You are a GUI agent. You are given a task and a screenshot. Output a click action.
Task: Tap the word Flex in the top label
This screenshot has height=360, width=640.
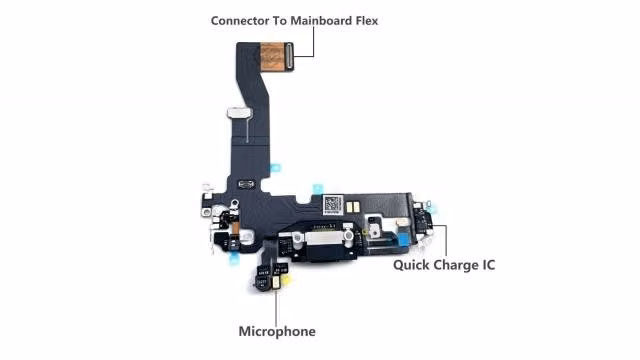tap(367, 21)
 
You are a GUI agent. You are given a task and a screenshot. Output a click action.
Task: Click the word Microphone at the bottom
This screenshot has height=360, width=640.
tap(277, 331)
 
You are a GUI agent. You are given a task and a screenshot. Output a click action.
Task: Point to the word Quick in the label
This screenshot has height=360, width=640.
tap(411, 265)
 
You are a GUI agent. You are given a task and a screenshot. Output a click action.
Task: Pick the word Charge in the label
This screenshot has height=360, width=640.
tap(456, 265)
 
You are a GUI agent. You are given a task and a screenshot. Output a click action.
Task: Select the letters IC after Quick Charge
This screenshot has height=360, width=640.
tap(489, 265)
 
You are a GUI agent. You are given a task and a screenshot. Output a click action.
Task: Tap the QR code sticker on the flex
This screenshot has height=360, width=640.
tap(333, 205)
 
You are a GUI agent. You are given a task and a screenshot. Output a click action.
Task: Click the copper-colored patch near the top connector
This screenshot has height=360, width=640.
tap(272, 56)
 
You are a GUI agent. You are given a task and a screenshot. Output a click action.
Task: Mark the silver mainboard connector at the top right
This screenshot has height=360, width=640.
tap(289, 55)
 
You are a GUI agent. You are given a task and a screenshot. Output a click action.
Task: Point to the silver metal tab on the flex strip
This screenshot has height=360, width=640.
tap(240, 113)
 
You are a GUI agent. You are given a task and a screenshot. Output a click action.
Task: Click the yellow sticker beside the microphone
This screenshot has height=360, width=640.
tap(287, 280)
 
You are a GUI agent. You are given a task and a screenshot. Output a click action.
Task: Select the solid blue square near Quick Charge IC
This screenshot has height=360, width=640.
tap(403, 240)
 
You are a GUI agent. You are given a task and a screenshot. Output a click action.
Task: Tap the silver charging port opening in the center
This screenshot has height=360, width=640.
tap(323, 239)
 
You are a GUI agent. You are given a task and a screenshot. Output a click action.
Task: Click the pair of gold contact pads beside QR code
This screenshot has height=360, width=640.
tap(353, 207)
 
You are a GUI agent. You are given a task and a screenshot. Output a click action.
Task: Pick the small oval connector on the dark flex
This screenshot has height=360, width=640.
tap(246, 184)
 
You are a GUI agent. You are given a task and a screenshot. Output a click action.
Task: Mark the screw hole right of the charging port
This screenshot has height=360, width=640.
tap(348, 236)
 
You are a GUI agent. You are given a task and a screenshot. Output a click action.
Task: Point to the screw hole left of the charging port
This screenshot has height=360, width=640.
tap(297, 236)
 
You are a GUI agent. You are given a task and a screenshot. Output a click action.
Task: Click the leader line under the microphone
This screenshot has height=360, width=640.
tap(276, 306)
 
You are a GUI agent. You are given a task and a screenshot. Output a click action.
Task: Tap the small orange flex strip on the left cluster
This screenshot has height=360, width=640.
tap(235, 229)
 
